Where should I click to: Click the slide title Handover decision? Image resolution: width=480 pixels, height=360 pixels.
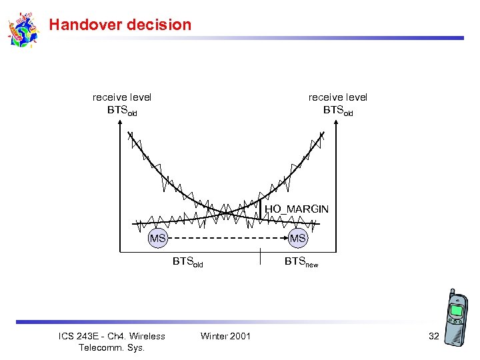[120, 25]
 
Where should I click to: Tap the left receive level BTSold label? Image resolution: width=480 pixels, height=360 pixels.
[122, 103]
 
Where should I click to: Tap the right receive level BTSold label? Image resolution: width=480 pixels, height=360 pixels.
[337, 103]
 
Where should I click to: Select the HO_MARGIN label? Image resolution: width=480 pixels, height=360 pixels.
[297, 209]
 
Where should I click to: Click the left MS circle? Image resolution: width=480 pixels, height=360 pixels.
[157, 238]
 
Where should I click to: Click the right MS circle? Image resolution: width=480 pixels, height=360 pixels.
[297, 238]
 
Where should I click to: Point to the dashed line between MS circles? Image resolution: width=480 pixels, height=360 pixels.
[227, 238]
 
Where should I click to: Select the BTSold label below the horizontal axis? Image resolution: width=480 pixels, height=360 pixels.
[187, 262]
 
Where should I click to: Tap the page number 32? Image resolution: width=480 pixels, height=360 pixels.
[433, 336]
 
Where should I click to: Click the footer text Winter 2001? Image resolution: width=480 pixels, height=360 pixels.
[225, 336]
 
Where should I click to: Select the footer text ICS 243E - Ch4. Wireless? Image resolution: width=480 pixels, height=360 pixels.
[111, 336]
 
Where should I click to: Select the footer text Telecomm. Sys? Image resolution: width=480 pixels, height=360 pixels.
[111, 347]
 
